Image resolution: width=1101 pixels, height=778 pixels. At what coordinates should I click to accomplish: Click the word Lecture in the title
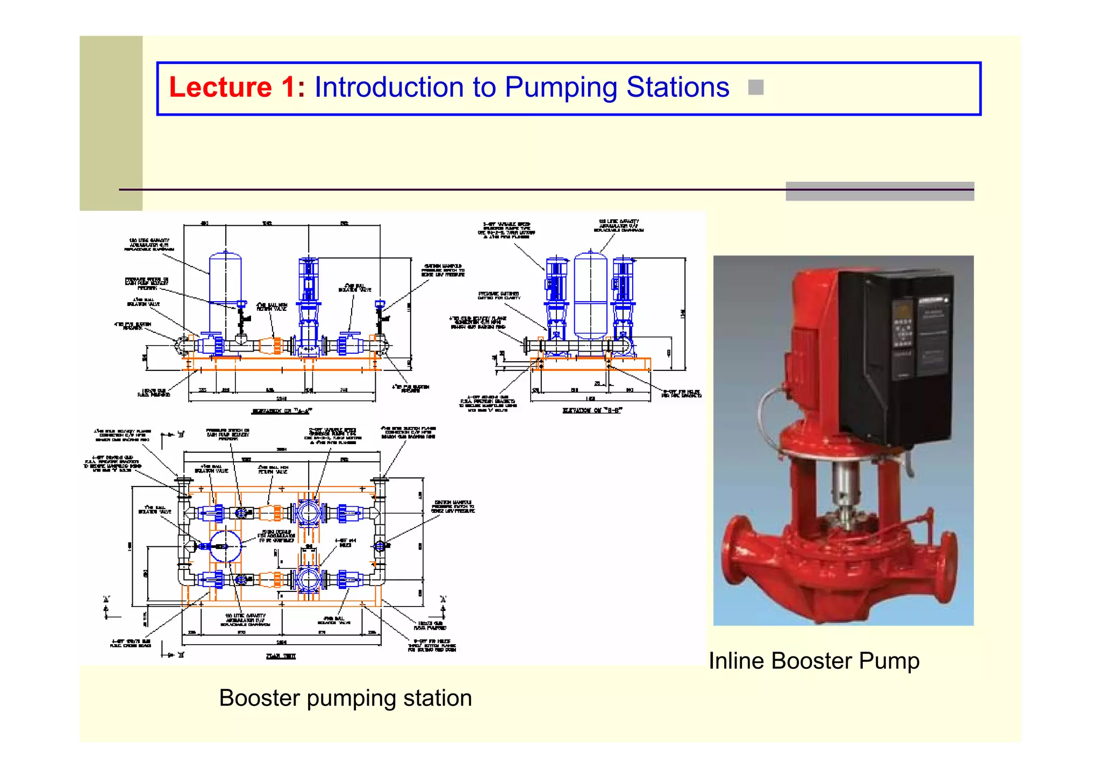(220, 88)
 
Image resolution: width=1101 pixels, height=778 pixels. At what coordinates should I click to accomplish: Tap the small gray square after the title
(755, 87)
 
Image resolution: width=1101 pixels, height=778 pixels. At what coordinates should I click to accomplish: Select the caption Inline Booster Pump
(813, 661)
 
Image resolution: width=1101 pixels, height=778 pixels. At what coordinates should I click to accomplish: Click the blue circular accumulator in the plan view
(225, 546)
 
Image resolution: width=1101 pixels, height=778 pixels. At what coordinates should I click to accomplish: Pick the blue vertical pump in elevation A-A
(309, 301)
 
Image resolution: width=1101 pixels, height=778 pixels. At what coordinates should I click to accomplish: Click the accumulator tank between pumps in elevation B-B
(590, 296)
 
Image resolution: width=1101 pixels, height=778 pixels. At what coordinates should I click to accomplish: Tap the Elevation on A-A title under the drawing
(282, 411)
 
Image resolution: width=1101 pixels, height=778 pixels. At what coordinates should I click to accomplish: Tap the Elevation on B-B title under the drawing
(592, 410)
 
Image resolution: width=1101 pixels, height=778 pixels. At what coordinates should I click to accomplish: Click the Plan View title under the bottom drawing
(281, 656)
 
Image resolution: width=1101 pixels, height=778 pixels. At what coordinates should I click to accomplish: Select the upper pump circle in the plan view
(309, 512)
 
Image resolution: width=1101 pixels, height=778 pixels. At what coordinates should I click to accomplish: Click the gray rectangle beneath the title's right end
(880, 191)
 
